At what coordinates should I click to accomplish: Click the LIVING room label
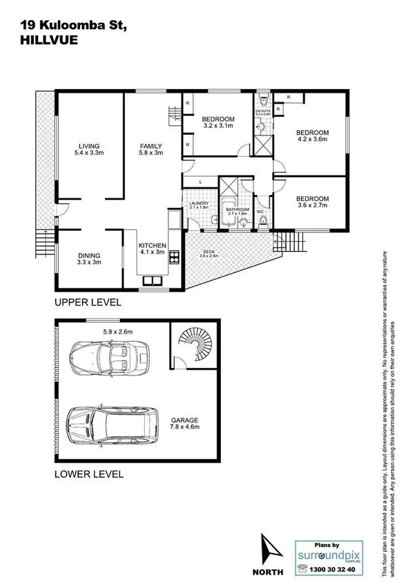click(90, 146)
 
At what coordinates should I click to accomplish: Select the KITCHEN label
click(152, 245)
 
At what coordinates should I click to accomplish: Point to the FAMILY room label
click(151, 146)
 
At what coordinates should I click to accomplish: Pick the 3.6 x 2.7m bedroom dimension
click(312, 205)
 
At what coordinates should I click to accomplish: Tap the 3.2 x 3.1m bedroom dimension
click(219, 126)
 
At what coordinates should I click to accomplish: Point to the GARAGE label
click(185, 420)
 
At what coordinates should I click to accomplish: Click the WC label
click(260, 212)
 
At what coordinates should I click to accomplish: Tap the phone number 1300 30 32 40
click(334, 570)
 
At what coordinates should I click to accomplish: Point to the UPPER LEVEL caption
click(89, 302)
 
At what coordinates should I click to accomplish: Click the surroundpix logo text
click(328, 554)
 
